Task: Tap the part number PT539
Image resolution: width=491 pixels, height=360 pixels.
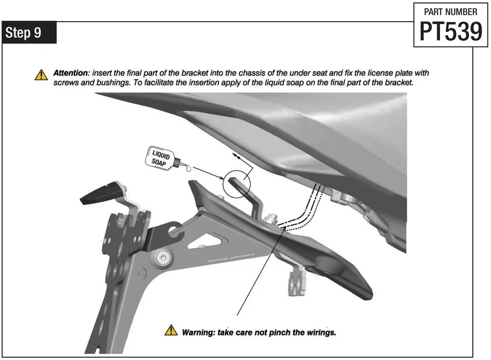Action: (x=450, y=32)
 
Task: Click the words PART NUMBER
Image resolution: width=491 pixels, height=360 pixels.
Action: (x=450, y=12)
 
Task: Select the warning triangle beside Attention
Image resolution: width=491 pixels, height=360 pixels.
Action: (x=41, y=75)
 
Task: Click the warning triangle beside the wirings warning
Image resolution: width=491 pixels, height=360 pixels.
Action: (x=171, y=330)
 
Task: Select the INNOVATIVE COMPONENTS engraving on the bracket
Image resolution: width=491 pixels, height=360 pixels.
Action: (x=230, y=258)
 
